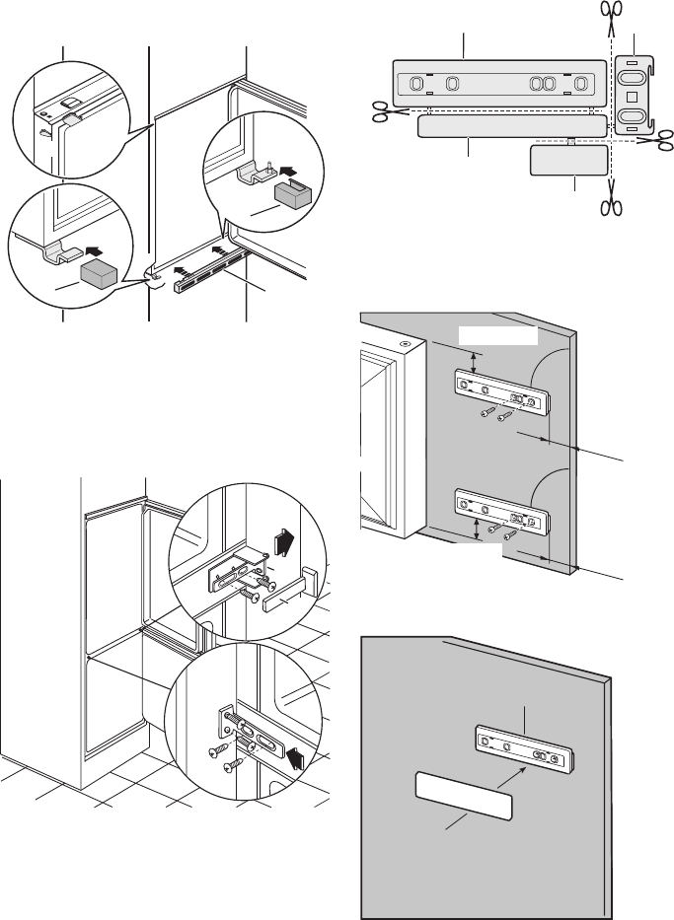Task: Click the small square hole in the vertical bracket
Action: click(630, 99)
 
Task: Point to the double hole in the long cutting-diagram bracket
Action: click(541, 84)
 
